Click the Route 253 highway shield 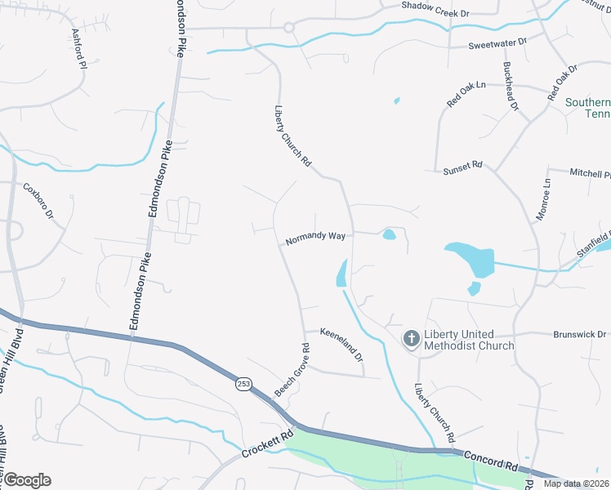tap(244, 385)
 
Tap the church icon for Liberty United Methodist tap(413, 337)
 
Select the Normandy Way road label tap(315, 238)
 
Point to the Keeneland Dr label tap(341, 341)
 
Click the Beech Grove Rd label tap(292, 370)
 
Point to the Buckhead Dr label tap(511, 86)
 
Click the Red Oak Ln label tap(466, 94)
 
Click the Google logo tap(27, 480)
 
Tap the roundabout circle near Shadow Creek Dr tap(288, 27)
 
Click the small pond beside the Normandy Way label tap(390, 236)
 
